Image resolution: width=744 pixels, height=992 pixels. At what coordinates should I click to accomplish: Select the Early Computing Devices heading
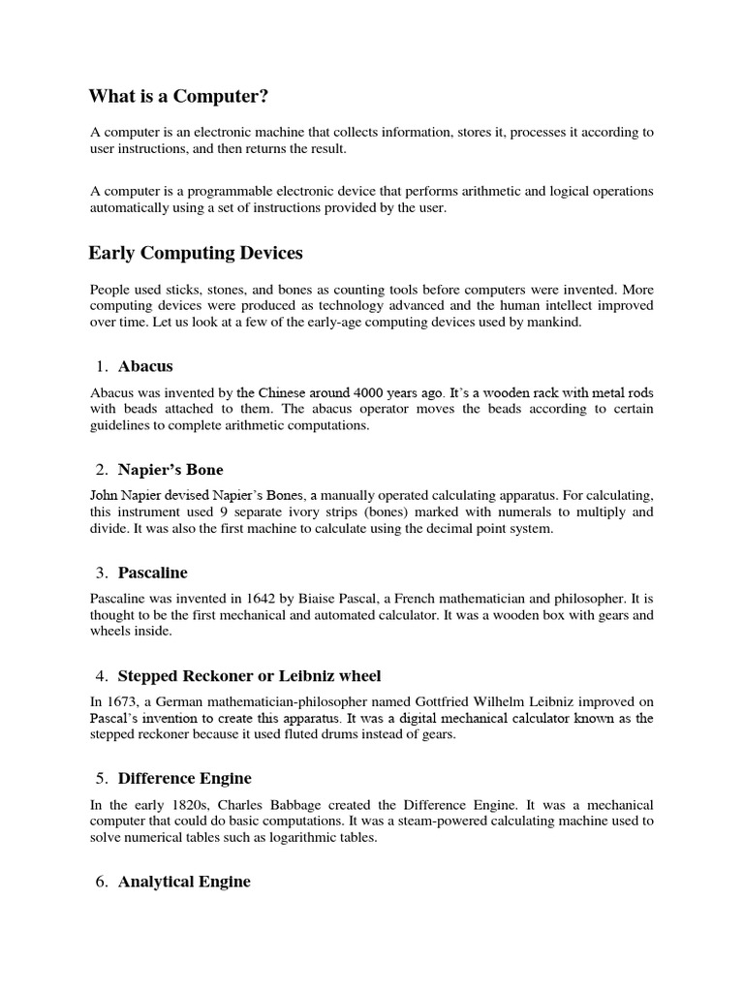tap(196, 253)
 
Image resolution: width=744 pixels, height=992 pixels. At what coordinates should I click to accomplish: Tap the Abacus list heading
tap(145, 366)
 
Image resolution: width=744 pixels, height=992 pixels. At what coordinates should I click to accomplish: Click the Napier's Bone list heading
tap(170, 470)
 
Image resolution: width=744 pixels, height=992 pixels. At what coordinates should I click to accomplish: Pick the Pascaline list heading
tap(153, 573)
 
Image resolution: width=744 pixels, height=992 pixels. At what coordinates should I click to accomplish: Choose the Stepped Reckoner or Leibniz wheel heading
tap(250, 675)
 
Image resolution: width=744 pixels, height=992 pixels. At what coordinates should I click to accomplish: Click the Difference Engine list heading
tap(184, 778)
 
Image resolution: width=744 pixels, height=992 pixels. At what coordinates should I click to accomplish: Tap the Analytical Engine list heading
tap(184, 882)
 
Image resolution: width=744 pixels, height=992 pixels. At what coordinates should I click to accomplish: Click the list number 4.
tap(102, 675)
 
